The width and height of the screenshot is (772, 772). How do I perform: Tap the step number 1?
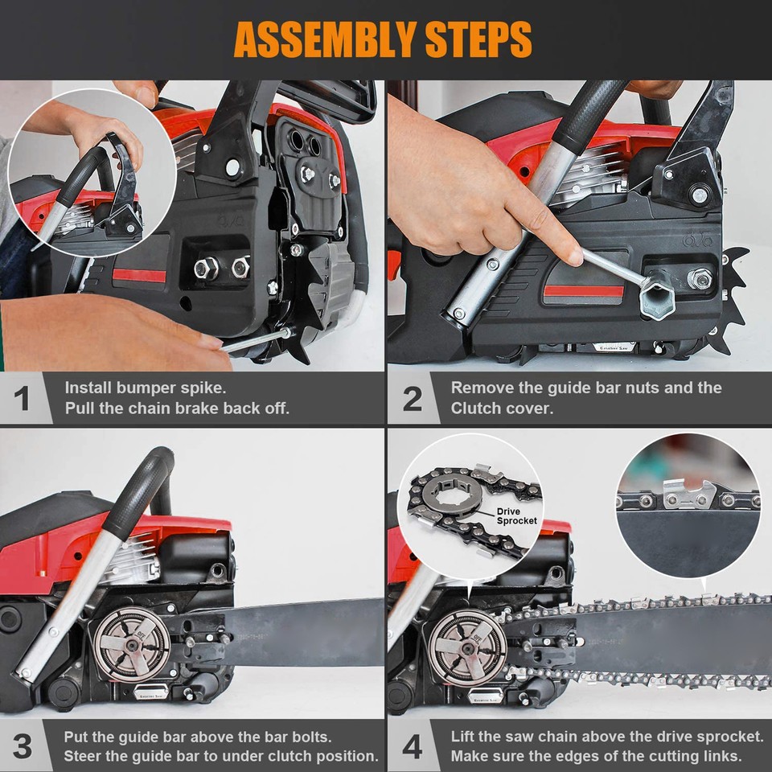[23, 398]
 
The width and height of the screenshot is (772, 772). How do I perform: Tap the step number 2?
[412, 398]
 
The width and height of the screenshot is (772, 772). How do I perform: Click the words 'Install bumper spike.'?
[144, 388]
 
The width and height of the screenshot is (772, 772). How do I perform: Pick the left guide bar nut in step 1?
[206, 268]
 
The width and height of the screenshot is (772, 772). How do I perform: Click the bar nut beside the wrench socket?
[700, 279]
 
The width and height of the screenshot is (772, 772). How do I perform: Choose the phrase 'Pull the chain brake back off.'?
[177, 408]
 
